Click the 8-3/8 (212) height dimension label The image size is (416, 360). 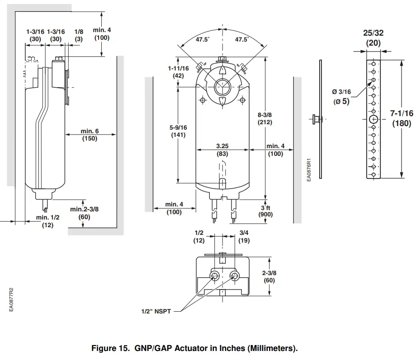tap(265, 118)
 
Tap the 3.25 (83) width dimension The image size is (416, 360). tap(222, 150)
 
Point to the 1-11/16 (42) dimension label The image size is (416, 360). tap(178, 72)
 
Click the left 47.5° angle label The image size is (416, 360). tap(203, 40)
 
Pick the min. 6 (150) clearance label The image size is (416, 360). tap(90, 135)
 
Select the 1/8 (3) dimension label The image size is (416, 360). tap(79, 35)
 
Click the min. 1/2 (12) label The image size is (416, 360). tap(47, 221)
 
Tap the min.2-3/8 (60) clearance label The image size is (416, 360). tap(84, 213)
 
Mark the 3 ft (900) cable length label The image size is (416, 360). tap(265, 211)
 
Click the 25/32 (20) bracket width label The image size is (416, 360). tap(373, 38)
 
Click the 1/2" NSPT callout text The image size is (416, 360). tap(156, 312)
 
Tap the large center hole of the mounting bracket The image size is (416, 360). tap(373, 119)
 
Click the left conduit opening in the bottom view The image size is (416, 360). tap(215, 276)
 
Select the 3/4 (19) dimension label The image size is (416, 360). tap(244, 237)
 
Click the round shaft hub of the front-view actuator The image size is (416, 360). tap(222, 85)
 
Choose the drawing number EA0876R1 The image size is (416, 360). tap(309, 170)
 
